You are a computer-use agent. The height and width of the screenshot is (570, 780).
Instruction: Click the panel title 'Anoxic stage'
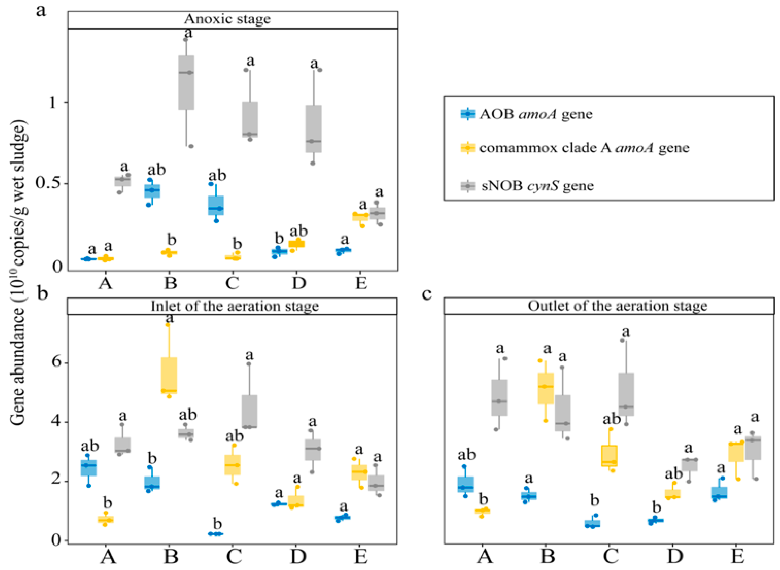coord(227,19)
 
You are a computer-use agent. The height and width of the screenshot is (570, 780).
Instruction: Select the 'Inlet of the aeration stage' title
coord(235,306)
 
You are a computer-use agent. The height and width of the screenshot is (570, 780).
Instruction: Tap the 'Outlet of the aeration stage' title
coord(618,306)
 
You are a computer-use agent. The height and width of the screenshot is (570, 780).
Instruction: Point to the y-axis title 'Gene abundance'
coord(19,273)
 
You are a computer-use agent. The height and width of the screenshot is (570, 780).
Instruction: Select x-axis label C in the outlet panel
coord(610,556)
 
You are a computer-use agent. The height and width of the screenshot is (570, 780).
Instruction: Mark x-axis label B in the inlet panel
coord(171,556)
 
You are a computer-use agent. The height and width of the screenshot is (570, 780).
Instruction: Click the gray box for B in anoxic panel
coord(186,83)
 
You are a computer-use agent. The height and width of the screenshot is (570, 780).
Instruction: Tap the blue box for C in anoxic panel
coord(216,205)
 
